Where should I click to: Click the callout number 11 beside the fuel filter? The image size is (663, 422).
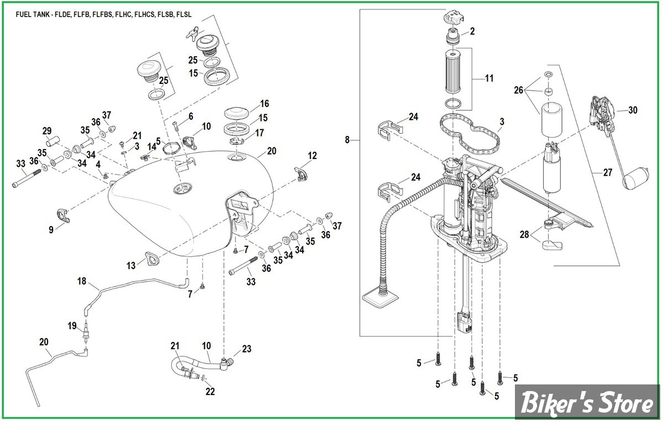(489, 78)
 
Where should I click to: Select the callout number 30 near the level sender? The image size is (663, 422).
(633, 110)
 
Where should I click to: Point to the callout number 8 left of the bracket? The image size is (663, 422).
(348, 140)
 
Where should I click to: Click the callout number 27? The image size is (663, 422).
(608, 173)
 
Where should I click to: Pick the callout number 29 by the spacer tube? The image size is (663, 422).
(47, 131)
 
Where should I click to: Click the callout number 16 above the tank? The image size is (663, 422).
(264, 103)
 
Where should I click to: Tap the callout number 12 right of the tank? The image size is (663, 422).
(313, 156)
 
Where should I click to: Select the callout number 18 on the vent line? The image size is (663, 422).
(82, 282)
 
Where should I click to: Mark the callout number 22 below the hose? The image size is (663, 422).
(210, 392)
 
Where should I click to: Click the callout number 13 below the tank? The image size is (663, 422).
(131, 266)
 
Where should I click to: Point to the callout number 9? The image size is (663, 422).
(51, 229)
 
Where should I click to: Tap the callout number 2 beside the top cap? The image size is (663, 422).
(472, 31)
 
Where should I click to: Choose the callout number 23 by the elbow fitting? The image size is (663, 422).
(246, 349)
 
